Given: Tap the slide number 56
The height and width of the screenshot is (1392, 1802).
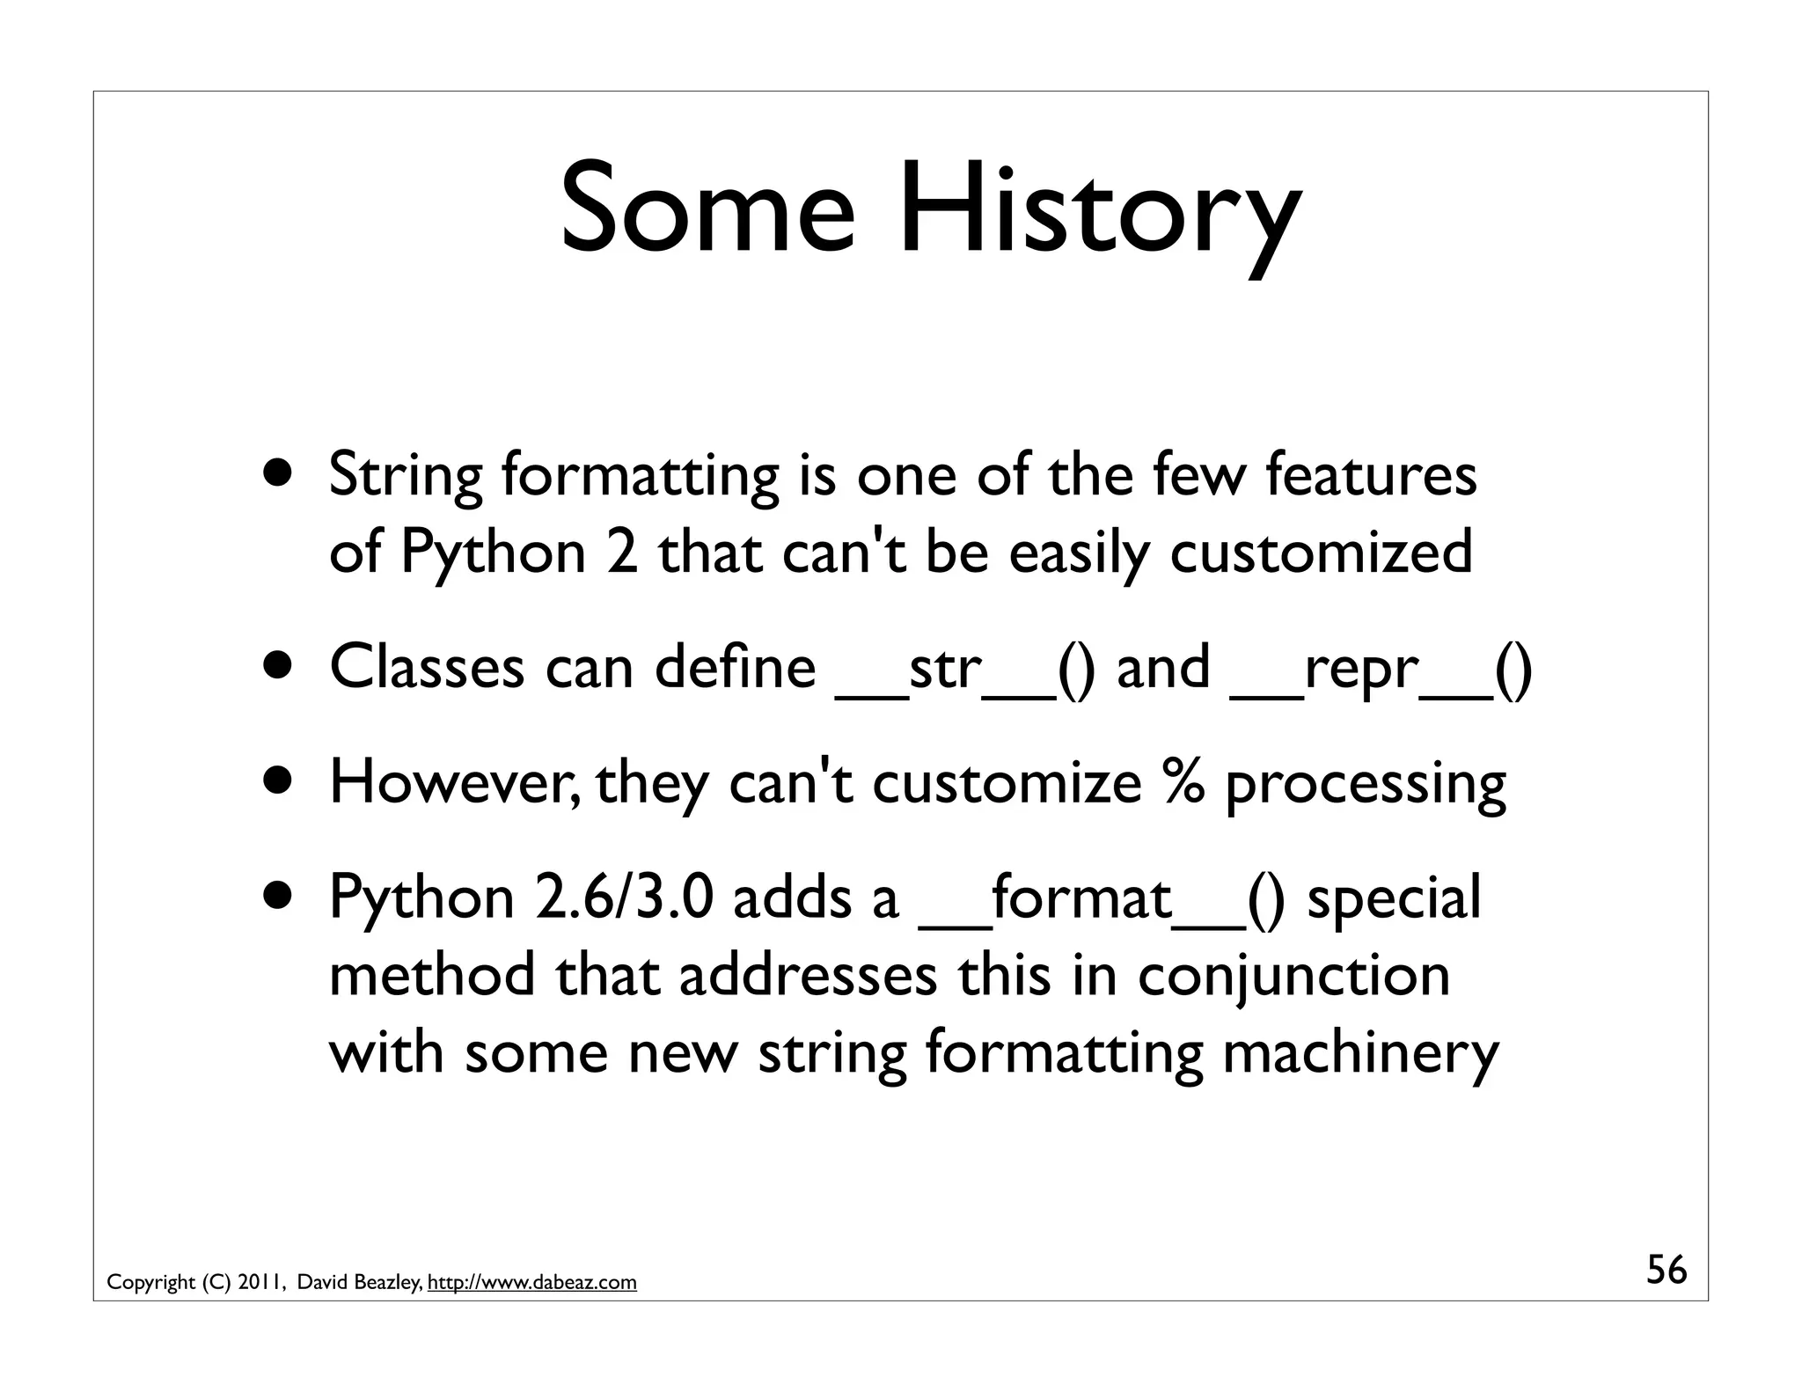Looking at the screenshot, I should [1666, 1271].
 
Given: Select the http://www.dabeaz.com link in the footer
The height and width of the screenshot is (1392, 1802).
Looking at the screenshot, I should [531, 1283].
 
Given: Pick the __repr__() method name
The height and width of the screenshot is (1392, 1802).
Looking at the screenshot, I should [1381, 669].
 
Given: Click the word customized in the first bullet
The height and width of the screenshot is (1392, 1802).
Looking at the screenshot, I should [1321, 553].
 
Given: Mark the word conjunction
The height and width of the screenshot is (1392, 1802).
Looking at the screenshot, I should [1293, 977].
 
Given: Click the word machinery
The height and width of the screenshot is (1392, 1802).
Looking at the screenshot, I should [1360, 1054].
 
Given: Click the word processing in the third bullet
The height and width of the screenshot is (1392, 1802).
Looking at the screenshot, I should [1365, 783].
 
